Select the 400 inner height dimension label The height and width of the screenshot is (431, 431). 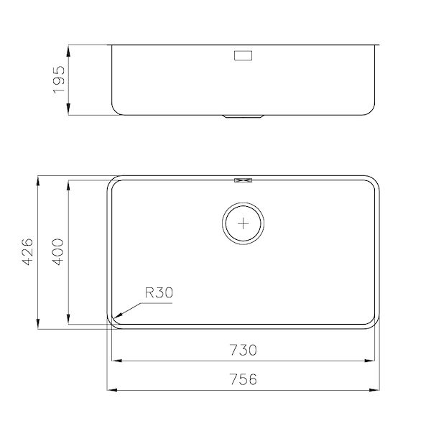coord(60,251)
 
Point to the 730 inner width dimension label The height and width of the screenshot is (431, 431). coord(244,350)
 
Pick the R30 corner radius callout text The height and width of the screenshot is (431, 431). coord(159,292)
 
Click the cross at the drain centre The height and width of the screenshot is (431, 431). coord(245,223)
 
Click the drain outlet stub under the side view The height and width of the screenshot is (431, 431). coord(244,116)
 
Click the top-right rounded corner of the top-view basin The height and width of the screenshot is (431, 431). coord(373,180)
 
